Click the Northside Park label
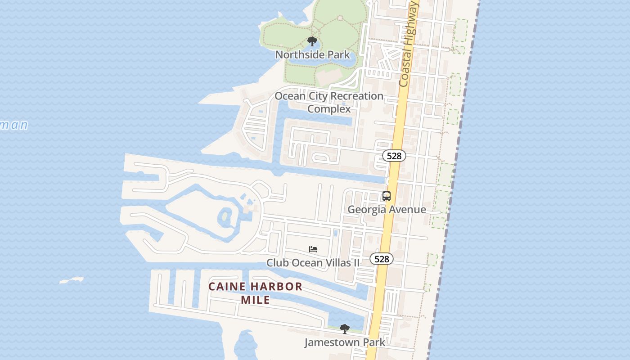click(312, 55)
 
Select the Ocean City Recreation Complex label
click(329, 102)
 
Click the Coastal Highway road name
click(409, 44)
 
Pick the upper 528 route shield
click(394, 156)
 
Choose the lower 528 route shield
click(382, 259)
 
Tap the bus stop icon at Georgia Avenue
click(387, 196)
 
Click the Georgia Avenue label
click(387, 209)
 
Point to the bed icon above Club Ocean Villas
click(313, 249)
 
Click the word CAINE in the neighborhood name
click(227, 287)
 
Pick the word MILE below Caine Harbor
click(255, 300)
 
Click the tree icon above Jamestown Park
click(344, 329)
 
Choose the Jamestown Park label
click(344, 342)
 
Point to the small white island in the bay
click(72, 280)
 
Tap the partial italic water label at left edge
click(13, 125)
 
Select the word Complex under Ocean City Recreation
click(329, 109)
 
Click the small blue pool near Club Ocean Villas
click(336, 233)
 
